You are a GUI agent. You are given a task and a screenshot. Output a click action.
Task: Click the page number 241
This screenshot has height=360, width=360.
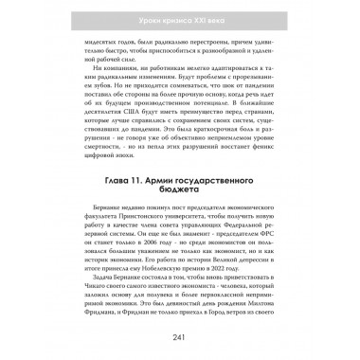(x=180, y=342)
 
